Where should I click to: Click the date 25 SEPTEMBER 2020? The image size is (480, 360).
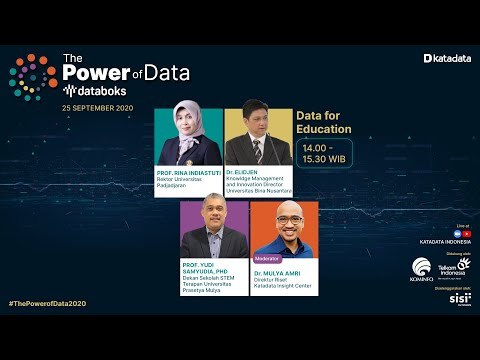pos(98,106)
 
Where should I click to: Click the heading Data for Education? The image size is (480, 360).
pos(324,123)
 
